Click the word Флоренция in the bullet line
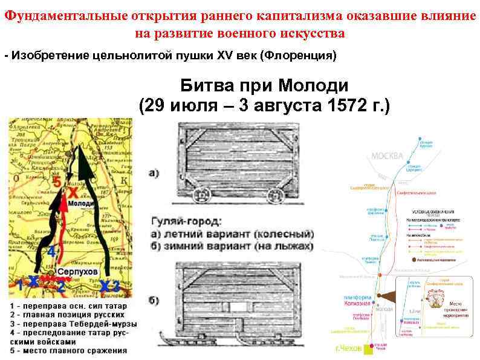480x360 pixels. pyautogui.click(x=296, y=56)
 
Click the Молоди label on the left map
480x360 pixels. pyautogui.click(x=80, y=204)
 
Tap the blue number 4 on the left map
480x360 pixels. pyautogui.click(x=51, y=250)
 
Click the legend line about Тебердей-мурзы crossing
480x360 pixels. pyautogui.click(x=73, y=324)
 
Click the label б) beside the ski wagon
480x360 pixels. pyautogui.click(x=154, y=301)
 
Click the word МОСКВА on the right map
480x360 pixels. pyautogui.click(x=387, y=156)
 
